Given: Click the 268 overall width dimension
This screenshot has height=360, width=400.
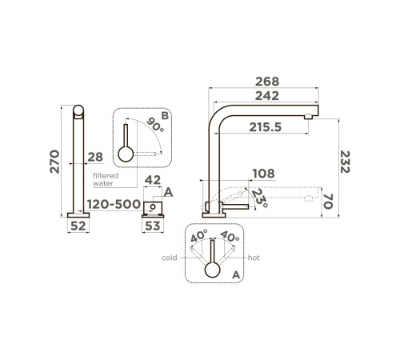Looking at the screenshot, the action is (x=267, y=82).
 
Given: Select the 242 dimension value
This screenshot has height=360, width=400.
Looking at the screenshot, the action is (x=267, y=96).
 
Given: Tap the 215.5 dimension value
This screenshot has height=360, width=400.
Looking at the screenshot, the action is (x=266, y=127).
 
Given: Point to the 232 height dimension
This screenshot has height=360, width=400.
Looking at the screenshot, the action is (x=345, y=162).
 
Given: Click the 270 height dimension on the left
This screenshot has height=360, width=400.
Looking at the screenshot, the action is (x=54, y=162).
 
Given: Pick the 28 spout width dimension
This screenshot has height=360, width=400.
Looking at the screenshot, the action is (x=95, y=158).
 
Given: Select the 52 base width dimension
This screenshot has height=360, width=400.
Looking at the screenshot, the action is (x=78, y=226).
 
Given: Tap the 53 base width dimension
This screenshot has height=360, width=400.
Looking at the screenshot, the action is (x=153, y=226).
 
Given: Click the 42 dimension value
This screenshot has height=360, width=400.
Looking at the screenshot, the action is (x=153, y=180).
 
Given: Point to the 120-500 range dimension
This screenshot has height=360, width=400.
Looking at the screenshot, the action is (x=114, y=205).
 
